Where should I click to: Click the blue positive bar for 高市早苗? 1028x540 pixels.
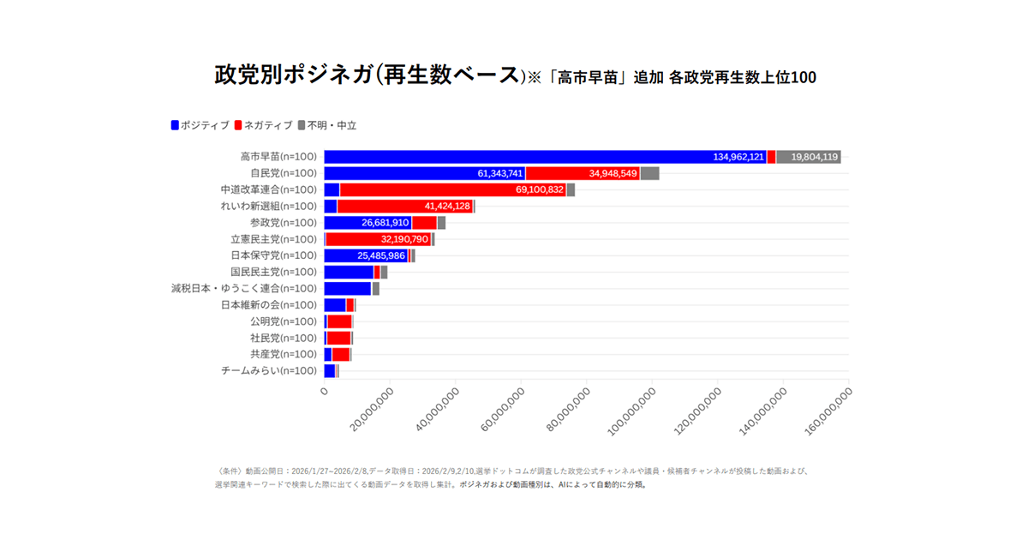point(514,157)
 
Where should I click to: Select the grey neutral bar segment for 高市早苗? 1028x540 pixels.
point(808,157)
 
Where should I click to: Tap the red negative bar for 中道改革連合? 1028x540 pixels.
point(452,189)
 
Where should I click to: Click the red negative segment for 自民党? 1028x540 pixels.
point(583,173)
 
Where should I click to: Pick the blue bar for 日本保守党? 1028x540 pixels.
point(366,255)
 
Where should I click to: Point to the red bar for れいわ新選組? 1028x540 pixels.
point(404,206)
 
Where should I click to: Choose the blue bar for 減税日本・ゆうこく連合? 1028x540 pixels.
point(347,288)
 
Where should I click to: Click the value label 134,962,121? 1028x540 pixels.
point(738,157)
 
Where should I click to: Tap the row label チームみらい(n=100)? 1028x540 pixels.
point(269,370)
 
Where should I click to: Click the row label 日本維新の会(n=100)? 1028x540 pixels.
point(269,304)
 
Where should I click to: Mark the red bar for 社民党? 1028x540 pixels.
point(338,338)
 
